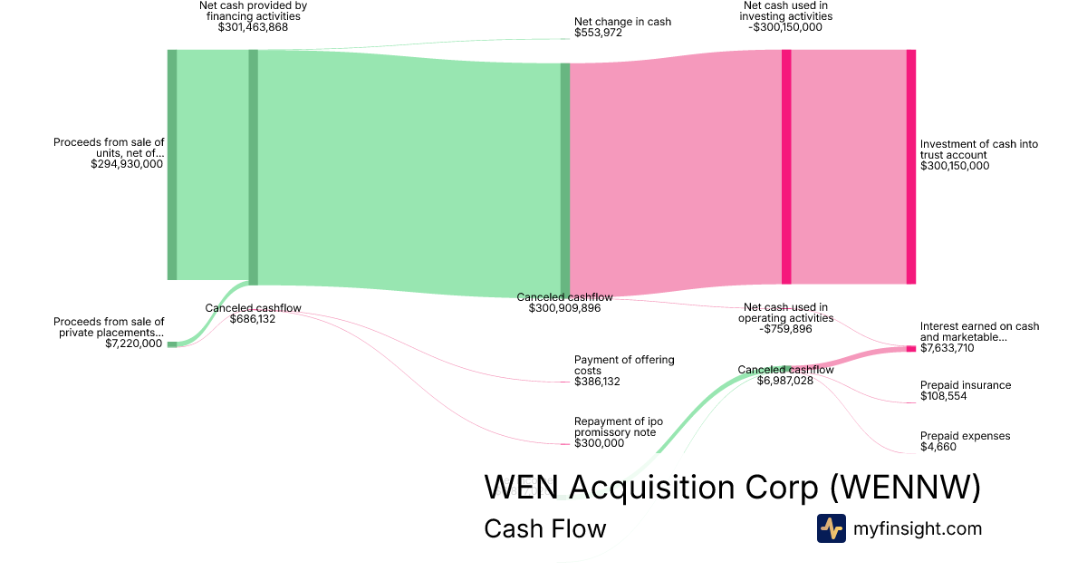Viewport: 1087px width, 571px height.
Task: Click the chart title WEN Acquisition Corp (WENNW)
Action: pyautogui.click(x=732, y=487)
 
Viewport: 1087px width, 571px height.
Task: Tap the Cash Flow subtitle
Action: pyautogui.click(x=544, y=528)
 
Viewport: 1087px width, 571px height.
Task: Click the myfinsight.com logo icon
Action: pyautogui.click(x=831, y=528)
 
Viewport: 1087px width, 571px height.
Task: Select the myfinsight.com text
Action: pyautogui.click(x=918, y=528)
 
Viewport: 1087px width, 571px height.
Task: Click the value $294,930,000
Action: pyautogui.click(x=127, y=165)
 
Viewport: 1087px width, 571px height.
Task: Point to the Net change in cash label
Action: pyautogui.click(x=622, y=21)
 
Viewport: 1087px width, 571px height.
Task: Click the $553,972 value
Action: pyautogui.click(x=599, y=33)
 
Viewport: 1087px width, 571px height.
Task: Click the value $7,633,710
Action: pyautogui.click(x=948, y=348)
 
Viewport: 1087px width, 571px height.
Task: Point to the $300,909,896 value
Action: pyautogui.click(x=564, y=308)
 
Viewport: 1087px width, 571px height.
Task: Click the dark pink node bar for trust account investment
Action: pyautogui.click(x=910, y=167)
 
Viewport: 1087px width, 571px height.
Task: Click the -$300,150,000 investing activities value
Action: pyautogui.click(x=785, y=27)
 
